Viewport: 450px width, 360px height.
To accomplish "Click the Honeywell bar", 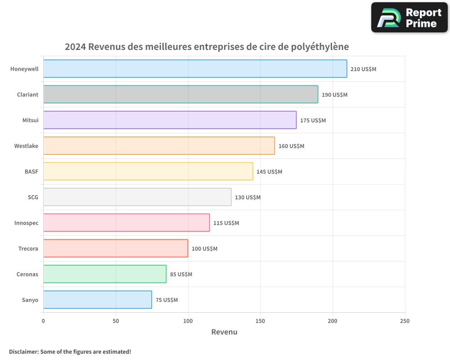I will pyautogui.click(x=195, y=69).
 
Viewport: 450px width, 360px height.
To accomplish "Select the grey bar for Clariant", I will pyautogui.click(x=180, y=94).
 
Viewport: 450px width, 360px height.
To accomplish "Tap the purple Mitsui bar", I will pyautogui.click(x=170, y=120).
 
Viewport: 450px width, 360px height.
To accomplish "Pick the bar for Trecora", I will pyautogui.click(x=116, y=248).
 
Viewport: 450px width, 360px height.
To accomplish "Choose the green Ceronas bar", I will pyautogui.click(x=105, y=274).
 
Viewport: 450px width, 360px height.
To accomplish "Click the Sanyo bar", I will pyautogui.click(x=98, y=300).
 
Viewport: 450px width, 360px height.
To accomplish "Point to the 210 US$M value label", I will pyautogui.click(x=363, y=69).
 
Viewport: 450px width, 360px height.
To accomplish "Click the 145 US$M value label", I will pyautogui.click(x=269, y=172).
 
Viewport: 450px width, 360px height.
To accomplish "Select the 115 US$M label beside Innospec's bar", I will pyautogui.click(x=226, y=223).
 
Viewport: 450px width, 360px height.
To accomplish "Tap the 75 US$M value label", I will pyautogui.click(x=166, y=300).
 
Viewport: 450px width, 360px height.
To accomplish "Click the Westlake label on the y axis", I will pyautogui.click(x=26, y=146).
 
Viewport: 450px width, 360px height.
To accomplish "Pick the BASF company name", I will pyautogui.click(x=31, y=172).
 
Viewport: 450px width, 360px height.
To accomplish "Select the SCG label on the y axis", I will pyautogui.click(x=33, y=198).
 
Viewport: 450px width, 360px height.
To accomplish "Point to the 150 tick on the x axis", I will pyautogui.click(x=260, y=321).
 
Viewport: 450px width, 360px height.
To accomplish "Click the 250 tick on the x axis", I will pyautogui.click(x=405, y=321).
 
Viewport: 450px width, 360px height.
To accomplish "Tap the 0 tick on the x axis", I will pyautogui.click(x=43, y=321).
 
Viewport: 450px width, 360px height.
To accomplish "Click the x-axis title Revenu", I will pyautogui.click(x=224, y=332).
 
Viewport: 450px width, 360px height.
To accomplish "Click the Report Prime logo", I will pyautogui.click(x=409, y=18).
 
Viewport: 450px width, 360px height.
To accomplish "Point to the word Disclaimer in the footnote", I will pyautogui.click(x=23, y=351).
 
